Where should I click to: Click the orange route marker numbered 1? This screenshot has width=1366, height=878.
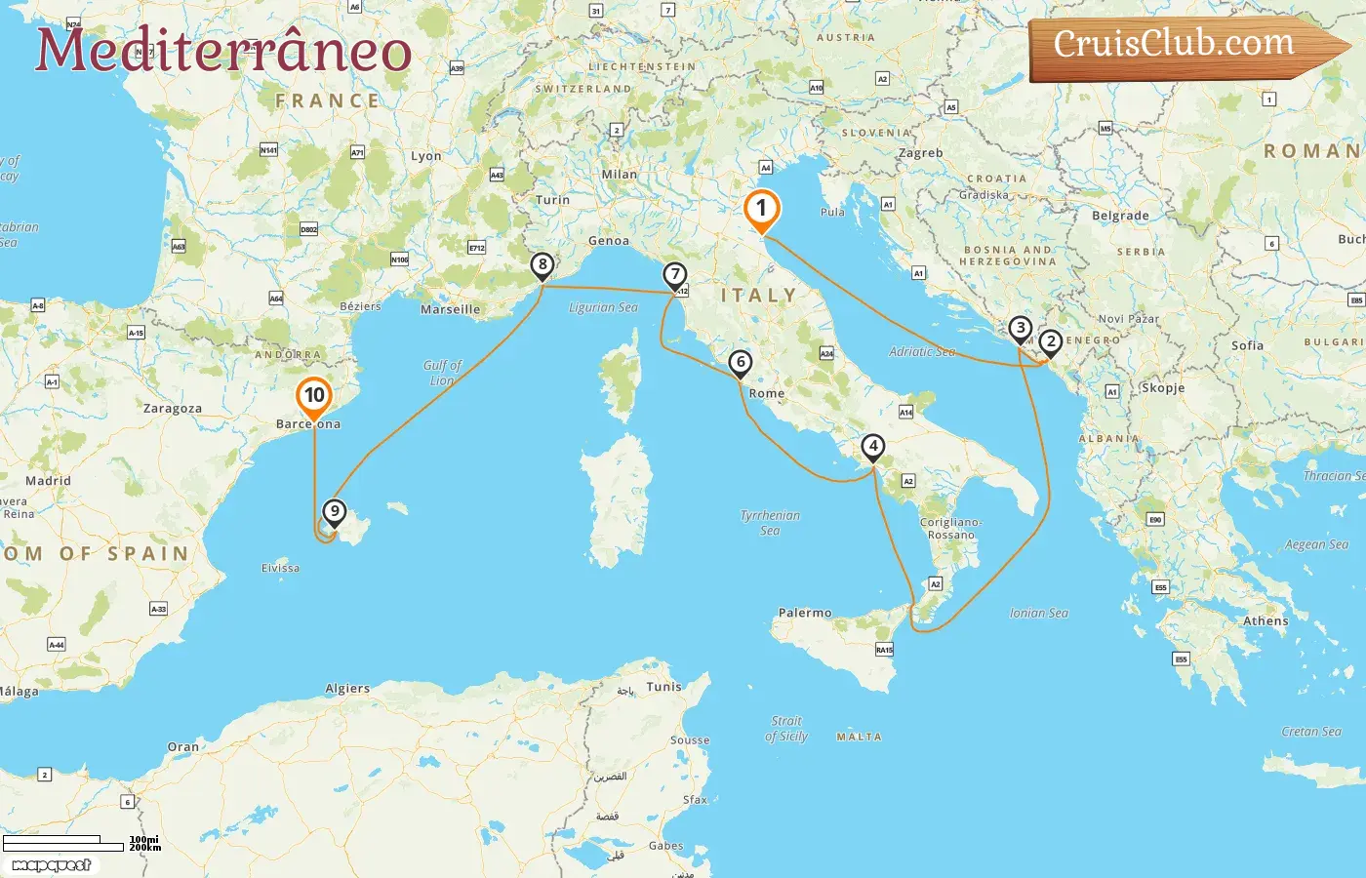coord(762,209)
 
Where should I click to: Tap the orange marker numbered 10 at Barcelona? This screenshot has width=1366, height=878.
coord(314,396)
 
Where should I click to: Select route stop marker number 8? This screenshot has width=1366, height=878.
coord(542,265)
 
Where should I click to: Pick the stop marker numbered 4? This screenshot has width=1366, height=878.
coord(873,448)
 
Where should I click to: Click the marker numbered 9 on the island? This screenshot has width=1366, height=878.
coord(335,511)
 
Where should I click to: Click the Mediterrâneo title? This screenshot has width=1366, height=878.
coord(223,51)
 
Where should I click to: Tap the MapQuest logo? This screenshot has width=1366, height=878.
coord(52,865)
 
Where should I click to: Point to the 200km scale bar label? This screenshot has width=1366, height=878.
coord(145,848)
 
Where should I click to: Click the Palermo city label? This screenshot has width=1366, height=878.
coord(805,614)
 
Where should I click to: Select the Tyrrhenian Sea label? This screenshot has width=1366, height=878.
coord(770,523)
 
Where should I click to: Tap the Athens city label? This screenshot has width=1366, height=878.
coord(1266,621)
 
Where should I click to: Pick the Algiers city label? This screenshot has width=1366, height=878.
coord(347,689)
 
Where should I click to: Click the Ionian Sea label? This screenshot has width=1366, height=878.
coord(1038,614)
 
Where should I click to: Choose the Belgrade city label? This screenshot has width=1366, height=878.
coord(1120,217)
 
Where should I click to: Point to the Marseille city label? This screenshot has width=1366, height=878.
coord(450,310)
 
